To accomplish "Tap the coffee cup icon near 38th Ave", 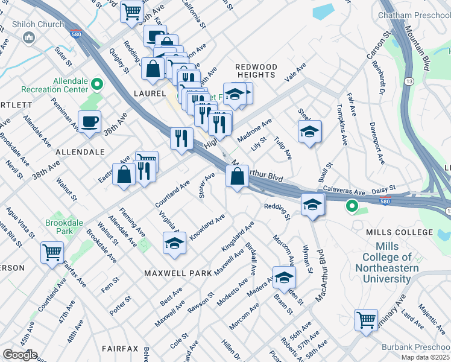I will tap(89, 122).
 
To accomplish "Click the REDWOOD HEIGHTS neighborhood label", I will tap(256, 71).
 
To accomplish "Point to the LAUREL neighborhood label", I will tap(150, 94).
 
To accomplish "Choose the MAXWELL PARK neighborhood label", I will tap(178, 273).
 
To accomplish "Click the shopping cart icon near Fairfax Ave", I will tap(52, 252).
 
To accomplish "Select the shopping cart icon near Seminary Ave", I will tap(366, 320).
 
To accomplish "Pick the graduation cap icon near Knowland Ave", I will tap(175, 243).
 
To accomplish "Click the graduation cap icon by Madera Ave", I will tap(284, 278).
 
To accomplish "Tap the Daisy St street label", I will tap(383, 189).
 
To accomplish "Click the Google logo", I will tap(20, 355).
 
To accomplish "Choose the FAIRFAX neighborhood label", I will tap(121, 349).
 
